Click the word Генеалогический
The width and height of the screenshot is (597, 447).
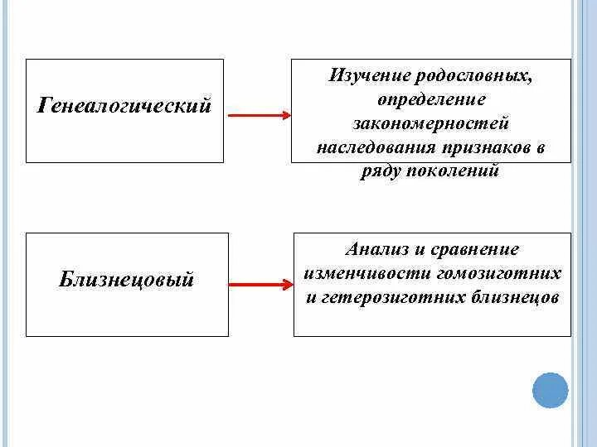coord(124,107)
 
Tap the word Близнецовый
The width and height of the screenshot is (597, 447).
coord(126,280)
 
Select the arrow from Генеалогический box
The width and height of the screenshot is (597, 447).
coord(257,115)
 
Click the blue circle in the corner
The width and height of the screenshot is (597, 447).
coord(550,390)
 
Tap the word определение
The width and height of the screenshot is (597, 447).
coord(431,99)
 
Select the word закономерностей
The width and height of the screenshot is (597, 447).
coord(431,123)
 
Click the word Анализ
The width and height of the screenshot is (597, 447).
coord(375,248)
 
